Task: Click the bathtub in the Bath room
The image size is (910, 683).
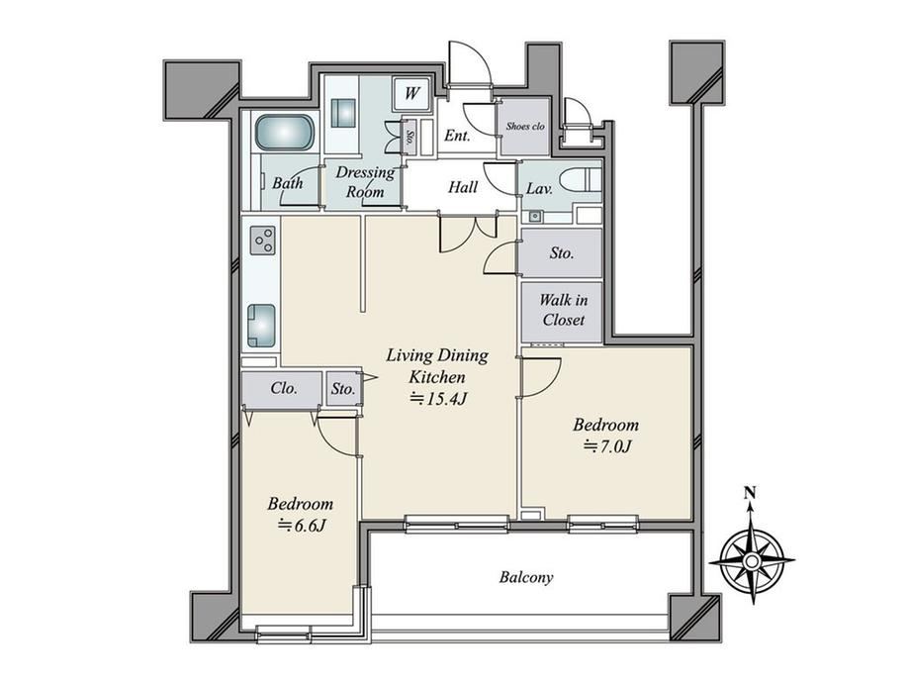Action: pyautogui.click(x=285, y=132)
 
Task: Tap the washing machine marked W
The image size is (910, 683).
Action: pyautogui.click(x=411, y=93)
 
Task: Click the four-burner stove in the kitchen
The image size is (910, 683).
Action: pyautogui.click(x=262, y=241)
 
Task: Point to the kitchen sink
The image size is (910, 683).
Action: pyautogui.click(x=262, y=326)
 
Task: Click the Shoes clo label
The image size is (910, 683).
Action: pyautogui.click(x=525, y=126)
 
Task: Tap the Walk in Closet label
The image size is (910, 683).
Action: pyautogui.click(x=563, y=310)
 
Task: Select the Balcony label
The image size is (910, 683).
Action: pyautogui.click(x=526, y=577)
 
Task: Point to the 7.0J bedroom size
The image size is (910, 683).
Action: pyautogui.click(x=607, y=446)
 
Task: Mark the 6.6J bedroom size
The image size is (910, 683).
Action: pyautogui.click(x=302, y=525)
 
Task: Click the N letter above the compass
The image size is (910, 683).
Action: pyautogui.click(x=751, y=493)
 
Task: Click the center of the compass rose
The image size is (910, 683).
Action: pyautogui.click(x=752, y=561)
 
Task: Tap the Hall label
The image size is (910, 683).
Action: pyautogui.click(x=463, y=187)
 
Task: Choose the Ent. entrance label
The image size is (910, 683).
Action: pyautogui.click(x=457, y=136)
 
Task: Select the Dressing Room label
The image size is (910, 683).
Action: pyautogui.click(x=365, y=182)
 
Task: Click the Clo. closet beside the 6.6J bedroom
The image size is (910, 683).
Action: pyautogui.click(x=283, y=388)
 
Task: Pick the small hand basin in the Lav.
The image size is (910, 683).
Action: pyautogui.click(x=534, y=217)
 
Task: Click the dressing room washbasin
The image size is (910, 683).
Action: pyautogui.click(x=342, y=113)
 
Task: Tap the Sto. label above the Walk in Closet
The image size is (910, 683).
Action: pyautogui.click(x=561, y=253)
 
